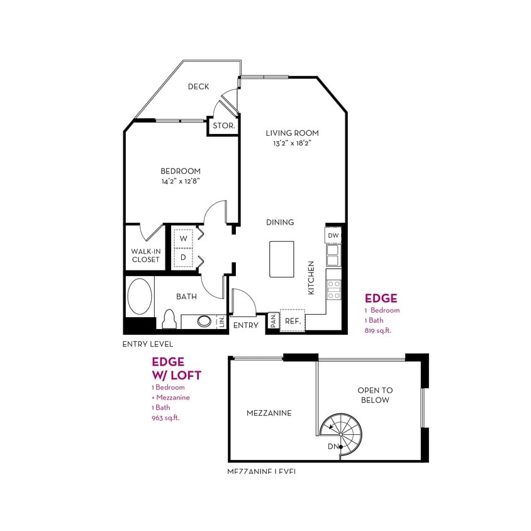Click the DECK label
pos(198,87)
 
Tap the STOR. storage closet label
pos(223,126)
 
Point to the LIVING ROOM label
pos(292,133)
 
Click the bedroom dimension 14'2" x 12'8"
pos(181,181)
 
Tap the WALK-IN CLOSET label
pos(145,254)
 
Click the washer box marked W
pos(184,238)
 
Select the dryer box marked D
pos(184,257)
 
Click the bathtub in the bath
pos(139,297)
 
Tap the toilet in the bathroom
pos(168,319)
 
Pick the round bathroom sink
pos(205,321)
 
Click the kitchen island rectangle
pos(282,258)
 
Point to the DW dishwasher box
pos(333,235)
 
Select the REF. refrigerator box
pos(292,320)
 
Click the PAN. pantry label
pos(273,320)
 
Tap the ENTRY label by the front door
pos(245,325)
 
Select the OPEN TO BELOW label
pos(374,395)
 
